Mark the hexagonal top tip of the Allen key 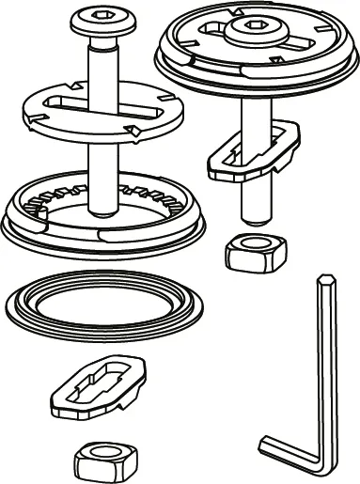tap(324, 279)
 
